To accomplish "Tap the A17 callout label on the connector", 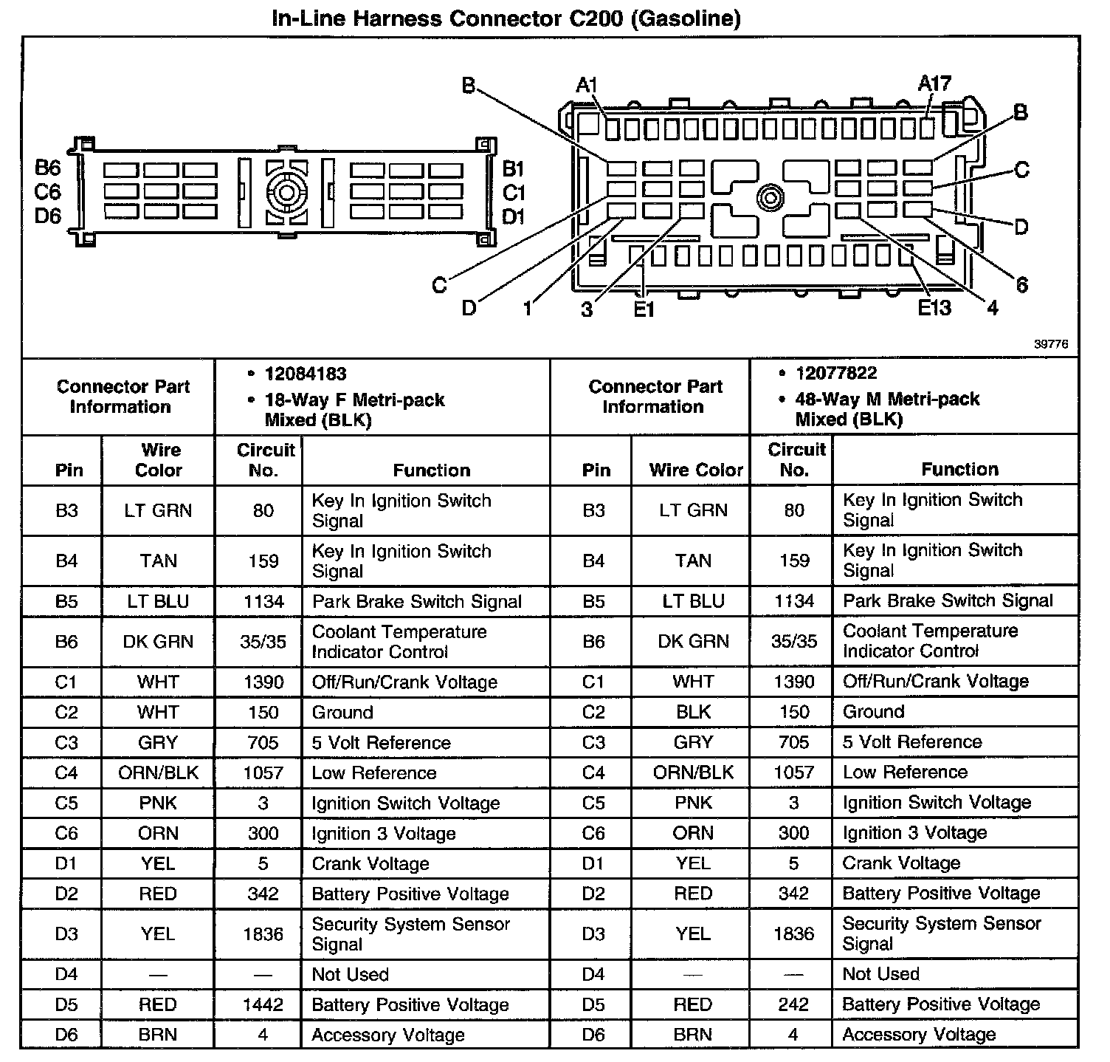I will (x=934, y=83).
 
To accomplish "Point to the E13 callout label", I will (x=934, y=307).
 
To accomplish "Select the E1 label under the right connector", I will (x=644, y=309).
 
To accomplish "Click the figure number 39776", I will (x=1051, y=344).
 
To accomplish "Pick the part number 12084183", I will (x=306, y=374).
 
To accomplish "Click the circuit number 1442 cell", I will (x=263, y=1004).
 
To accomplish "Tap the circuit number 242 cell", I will (x=793, y=1004).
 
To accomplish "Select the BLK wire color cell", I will (x=693, y=712).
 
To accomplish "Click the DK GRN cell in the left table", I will (x=158, y=642).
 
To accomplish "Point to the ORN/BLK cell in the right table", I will (x=693, y=772).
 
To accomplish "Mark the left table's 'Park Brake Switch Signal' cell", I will (x=417, y=602).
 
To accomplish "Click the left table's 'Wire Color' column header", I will (x=159, y=460).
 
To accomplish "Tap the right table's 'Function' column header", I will (x=959, y=469).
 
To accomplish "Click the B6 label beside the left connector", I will (x=48, y=168).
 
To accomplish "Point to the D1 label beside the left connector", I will (x=514, y=216).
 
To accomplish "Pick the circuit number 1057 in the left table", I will (x=263, y=773).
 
